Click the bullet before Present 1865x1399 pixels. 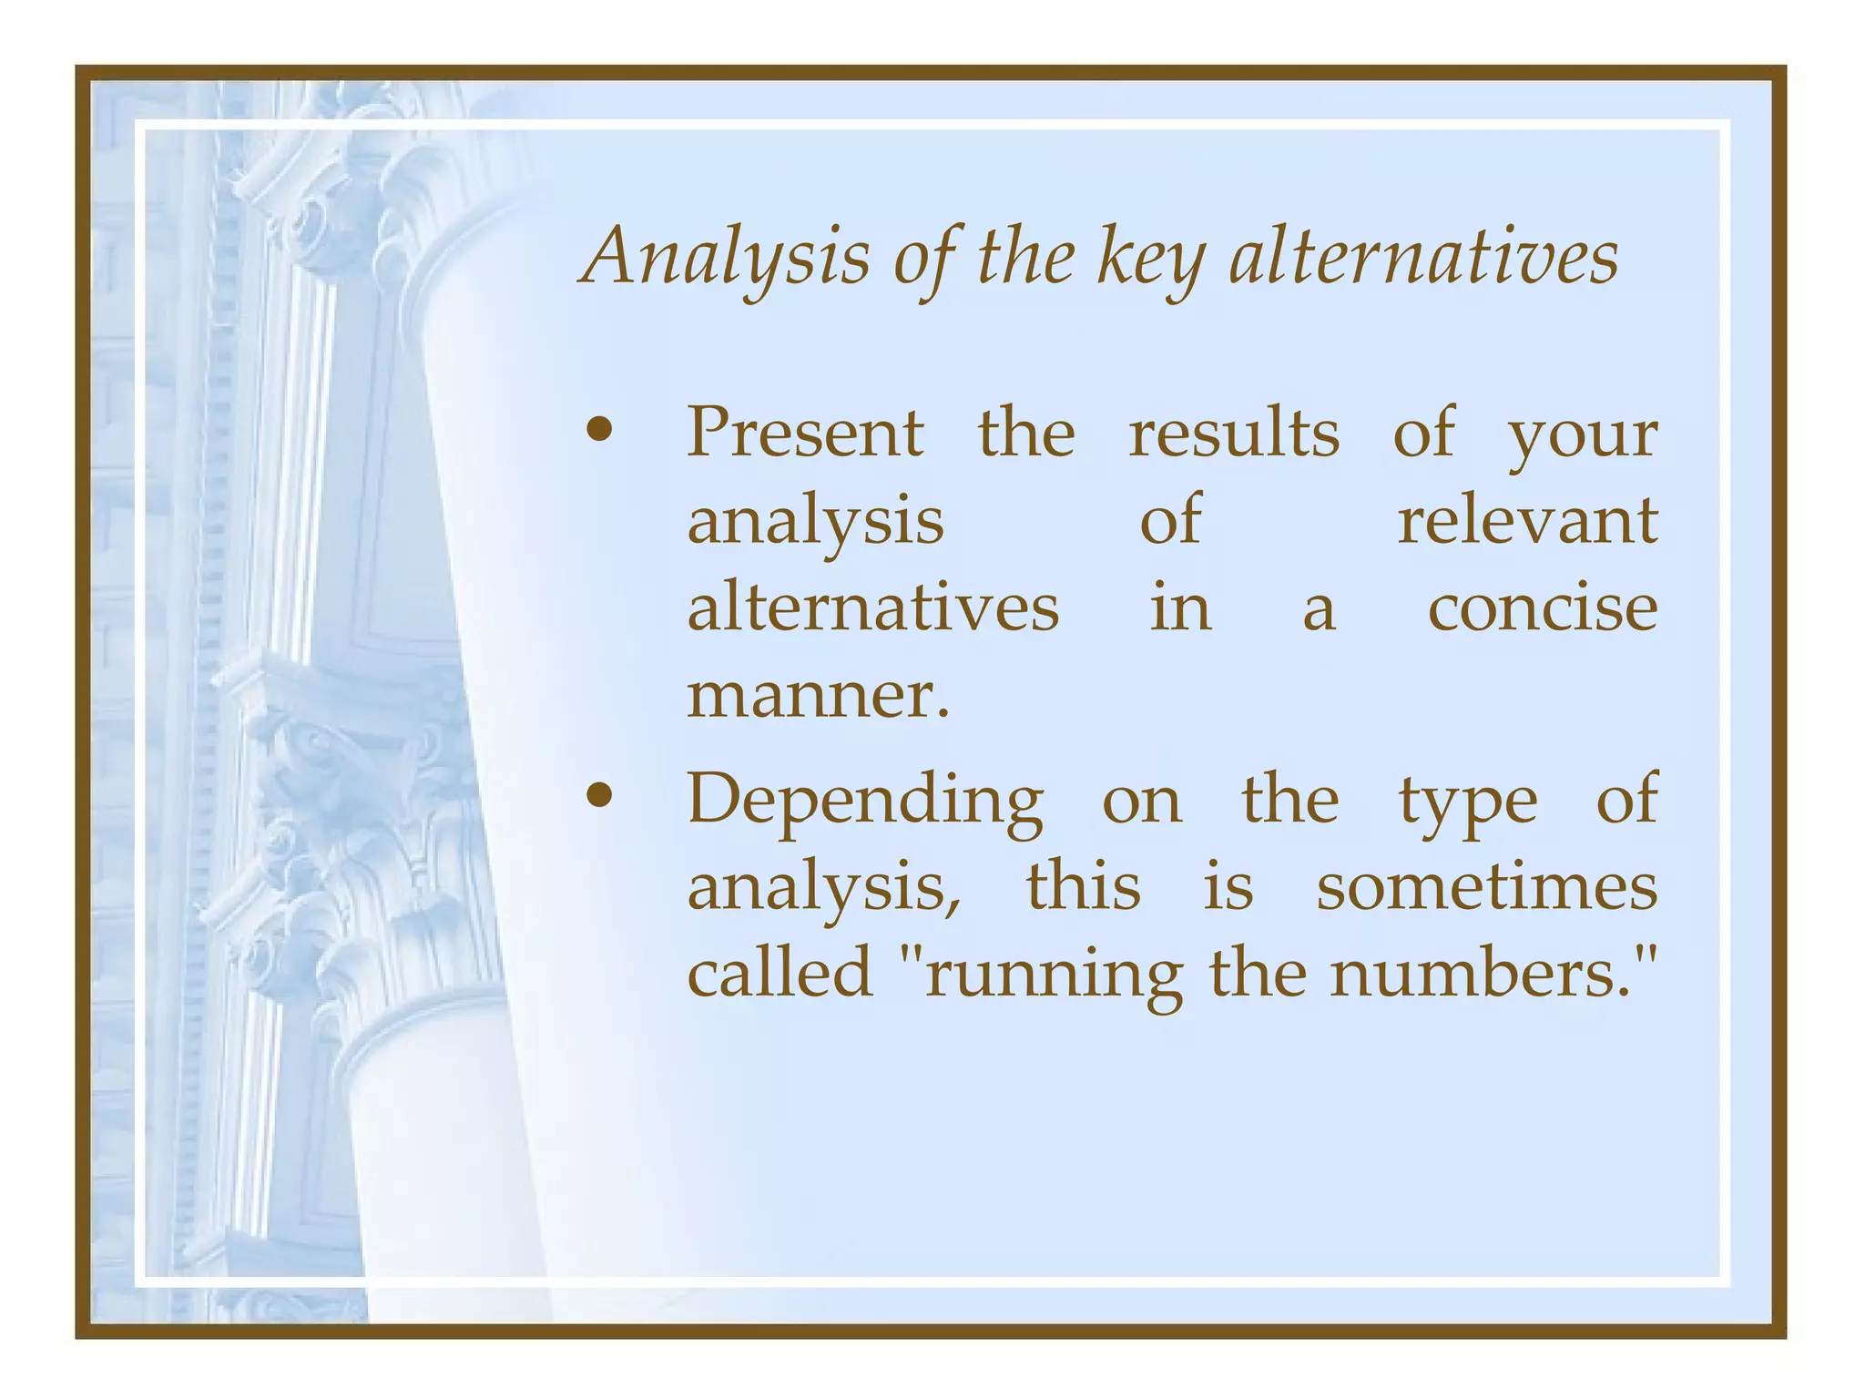(598, 431)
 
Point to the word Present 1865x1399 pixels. (805, 432)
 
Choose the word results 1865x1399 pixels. (1234, 432)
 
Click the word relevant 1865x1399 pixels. (1527, 520)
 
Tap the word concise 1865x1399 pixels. (1542, 608)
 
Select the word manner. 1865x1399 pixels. (817, 696)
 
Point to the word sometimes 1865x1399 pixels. (1486, 886)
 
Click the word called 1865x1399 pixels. (780, 973)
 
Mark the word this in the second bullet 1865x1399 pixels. (1083, 886)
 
